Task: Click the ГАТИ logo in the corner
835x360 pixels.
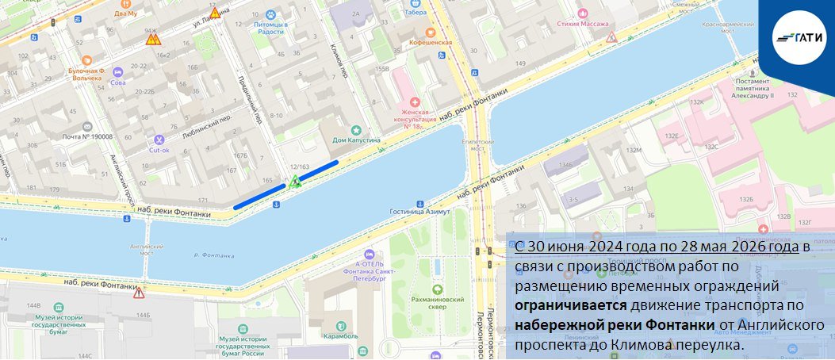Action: coord(798,35)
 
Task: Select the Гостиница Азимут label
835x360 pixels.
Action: coord(420,212)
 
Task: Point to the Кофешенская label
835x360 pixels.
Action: coord(431,42)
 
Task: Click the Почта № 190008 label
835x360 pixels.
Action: coord(87,136)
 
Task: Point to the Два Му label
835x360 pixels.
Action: coord(125,13)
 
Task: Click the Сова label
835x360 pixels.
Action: coord(118,82)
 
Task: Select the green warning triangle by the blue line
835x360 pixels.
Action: coord(295,182)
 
